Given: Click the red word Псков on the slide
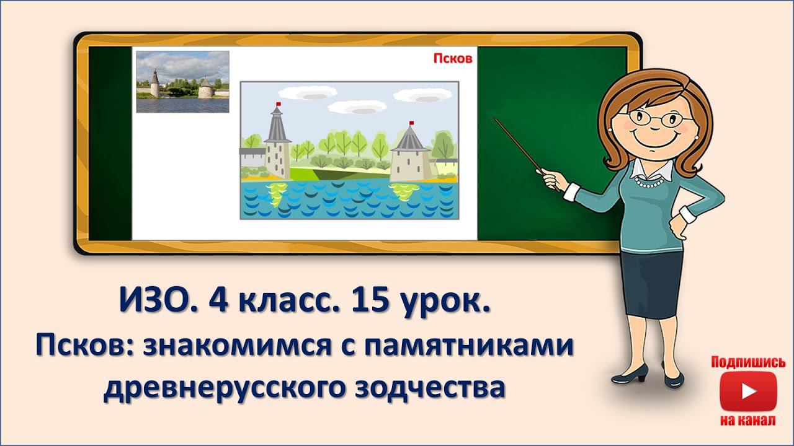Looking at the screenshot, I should coord(453,59).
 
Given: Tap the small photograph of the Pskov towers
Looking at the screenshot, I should coord(182,82).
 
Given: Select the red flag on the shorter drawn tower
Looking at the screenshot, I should coord(411,123).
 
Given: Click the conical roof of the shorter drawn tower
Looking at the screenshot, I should coord(409,140).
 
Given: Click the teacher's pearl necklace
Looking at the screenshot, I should coord(651,183).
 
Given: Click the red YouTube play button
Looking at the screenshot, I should coord(748,391).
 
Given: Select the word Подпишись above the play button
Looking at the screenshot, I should coord(748,362).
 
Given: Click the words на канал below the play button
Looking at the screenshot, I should coord(748,421).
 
